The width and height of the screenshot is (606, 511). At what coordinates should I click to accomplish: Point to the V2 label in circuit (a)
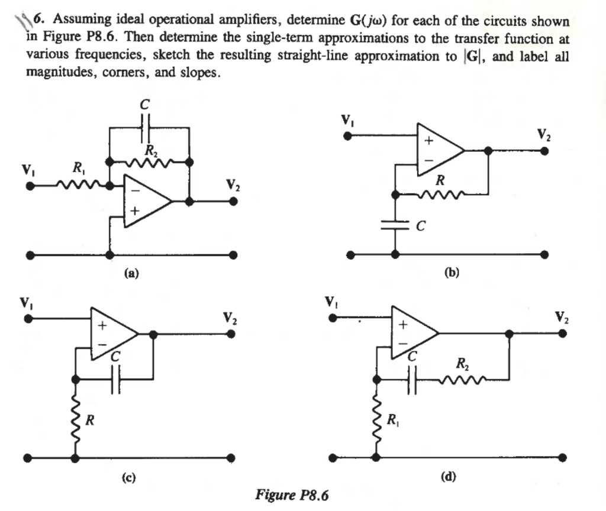pos(233,185)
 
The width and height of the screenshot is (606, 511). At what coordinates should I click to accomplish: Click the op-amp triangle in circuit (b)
pos(437,150)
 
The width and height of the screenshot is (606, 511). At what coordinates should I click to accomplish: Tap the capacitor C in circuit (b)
pos(395,225)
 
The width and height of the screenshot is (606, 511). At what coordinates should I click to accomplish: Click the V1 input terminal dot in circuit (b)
pos(348,136)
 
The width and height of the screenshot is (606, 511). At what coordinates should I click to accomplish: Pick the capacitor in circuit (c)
pos(116,378)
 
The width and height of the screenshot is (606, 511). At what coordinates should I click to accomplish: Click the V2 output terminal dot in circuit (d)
pos(562,334)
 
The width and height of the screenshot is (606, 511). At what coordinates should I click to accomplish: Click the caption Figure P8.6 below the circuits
pos(291,494)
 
